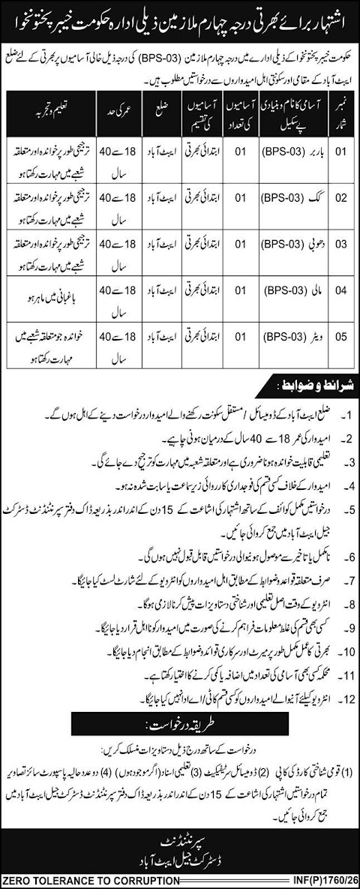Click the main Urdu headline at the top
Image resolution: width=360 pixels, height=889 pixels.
click(x=180, y=14)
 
